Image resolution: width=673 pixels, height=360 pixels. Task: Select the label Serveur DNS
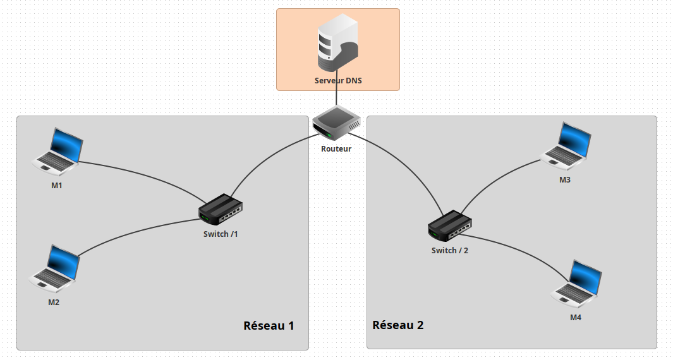click(338, 81)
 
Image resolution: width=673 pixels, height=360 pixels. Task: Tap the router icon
click(336, 123)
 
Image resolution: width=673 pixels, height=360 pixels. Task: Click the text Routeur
click(336, 149)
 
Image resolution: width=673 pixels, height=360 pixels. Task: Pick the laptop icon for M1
click(59, 151)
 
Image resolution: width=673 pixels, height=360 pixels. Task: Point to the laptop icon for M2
click(56, 268)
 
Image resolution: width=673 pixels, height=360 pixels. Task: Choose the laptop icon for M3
click(567, 145)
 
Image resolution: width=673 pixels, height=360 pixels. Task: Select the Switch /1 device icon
click(221, 210)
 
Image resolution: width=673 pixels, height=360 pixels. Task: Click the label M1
click(57, 186)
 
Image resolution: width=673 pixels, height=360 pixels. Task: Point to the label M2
click(54, 303)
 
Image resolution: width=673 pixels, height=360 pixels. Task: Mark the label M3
click(565, 180)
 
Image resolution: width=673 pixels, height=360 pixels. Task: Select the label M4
click(575, 317)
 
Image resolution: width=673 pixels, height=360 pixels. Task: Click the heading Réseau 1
click(269, 326)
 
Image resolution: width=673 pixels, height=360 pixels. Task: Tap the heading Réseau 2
click(398, 325)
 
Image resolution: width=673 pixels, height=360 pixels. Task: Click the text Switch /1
click(221, 234)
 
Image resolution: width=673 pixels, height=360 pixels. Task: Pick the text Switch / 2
click(450, 250)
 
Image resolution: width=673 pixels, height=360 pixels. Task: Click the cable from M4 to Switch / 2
click(524, 250)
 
